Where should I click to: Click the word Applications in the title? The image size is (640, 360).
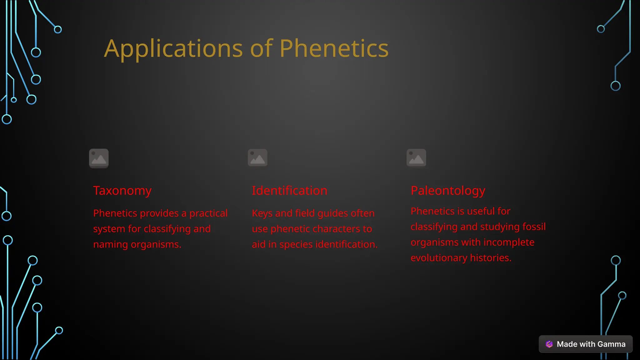click(173, 49)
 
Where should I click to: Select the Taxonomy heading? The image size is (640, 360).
click(122, 191)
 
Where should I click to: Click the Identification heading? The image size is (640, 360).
click(289, 191)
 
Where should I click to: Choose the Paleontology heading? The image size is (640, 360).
click(448, 191)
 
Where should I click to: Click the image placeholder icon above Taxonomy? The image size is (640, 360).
click(99, 158)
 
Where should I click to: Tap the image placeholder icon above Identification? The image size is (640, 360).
click(257, 157)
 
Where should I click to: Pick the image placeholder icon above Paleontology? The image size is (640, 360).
click(416, 157)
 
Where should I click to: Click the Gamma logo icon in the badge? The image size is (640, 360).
click(549, 344)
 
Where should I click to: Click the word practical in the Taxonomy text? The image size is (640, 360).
click(208, 213)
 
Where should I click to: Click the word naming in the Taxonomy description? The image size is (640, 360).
click(111, 244)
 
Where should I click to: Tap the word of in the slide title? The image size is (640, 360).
click(262, 49)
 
